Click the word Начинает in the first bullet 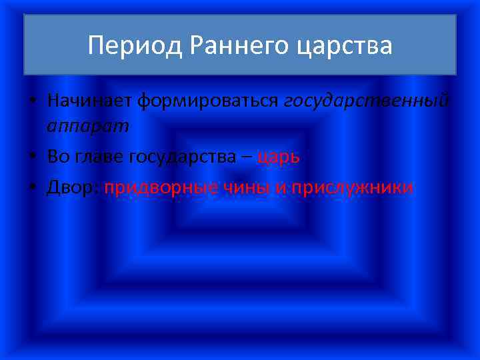pos(89,101)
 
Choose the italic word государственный pos(367,102)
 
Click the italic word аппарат pos(88,126)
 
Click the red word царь pos(279,157)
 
